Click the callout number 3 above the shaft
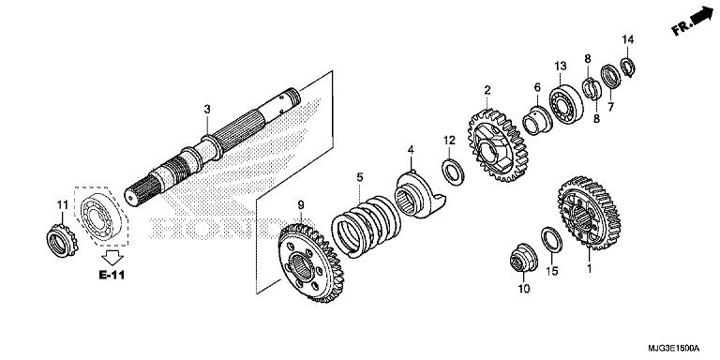pyautogui.click(x=207, y=110)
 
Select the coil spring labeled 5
pyautogui.click(x=366, y=225)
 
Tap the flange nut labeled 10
pyautogui.click(x=523, y=257)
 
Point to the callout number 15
pyautogui.click(x=552, y=271)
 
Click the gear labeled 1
pyautogui.click(x=589, y=213)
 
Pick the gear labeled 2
pyautogui.click(x=497, y=145)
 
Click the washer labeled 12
pyautogui.click(x=453, y=172)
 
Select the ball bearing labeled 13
pyautogui.click(x=566, y=104)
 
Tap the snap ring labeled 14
pyautogui.click(x=628, y=67)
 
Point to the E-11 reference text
pyautogui.click(x=112, y=275)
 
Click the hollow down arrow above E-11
pyautogui.click(x=112, y=257)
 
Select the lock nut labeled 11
pyautogui.click(x=62, y=240)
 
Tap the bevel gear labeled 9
pyautogui.click(x=311, y=262)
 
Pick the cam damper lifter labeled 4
pyautogui.click(x=419, y=195)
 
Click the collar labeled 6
pyautogui.click(x=538, y=121)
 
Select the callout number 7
pyautogui.click(x=610, y=108)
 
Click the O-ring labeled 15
pyautogui.click(x=551, y=239)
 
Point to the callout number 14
pyautogui.click(x=628, y=39)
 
